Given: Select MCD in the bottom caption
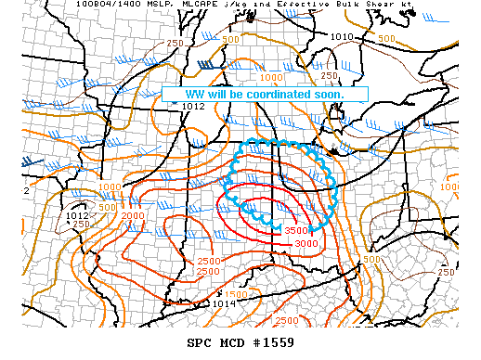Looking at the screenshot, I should coord(230,342).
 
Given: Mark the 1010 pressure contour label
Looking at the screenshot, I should coord(343,37).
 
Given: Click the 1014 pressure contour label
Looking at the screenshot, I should coord(224,302).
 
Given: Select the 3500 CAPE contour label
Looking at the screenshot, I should coord(296,230).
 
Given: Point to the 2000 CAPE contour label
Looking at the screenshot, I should coord(132,215).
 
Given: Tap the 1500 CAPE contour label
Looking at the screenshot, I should coord(236,293).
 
